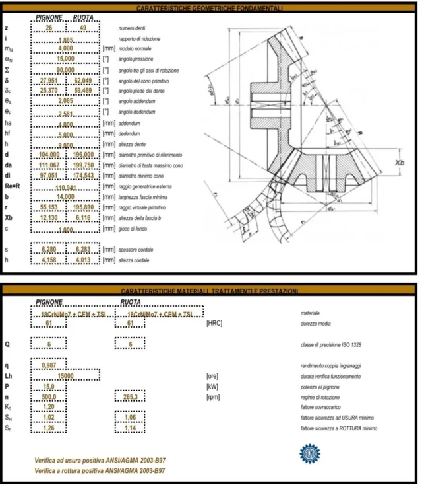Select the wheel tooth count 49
click(84, 29)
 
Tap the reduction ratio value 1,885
click(65, 40)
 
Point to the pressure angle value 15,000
click(65, 59)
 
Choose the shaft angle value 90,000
click(65, 70)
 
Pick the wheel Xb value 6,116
click(84, 217)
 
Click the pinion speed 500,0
click(49, 398)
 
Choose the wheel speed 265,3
click(130, 398)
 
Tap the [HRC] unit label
click(218, 324)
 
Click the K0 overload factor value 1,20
click(49, 408)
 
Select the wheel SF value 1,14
click(130, 428)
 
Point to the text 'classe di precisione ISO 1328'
click(330, 344)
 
